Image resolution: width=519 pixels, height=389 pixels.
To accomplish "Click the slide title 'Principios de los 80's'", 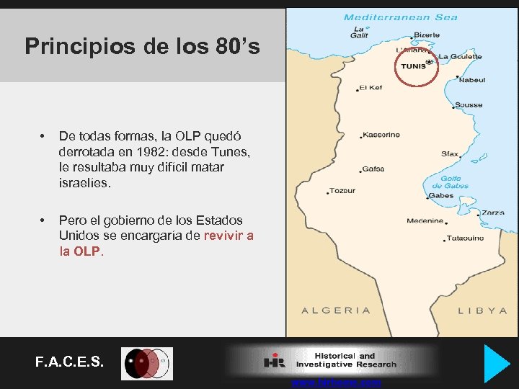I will pos(142,46).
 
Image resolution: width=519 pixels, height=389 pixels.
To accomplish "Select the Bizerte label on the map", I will pos(426,35).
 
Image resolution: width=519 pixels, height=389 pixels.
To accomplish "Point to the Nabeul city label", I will pos(472,80).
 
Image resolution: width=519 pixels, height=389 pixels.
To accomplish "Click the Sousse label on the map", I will pos(469,105).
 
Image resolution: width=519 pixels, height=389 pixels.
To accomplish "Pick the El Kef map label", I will pos(371,88).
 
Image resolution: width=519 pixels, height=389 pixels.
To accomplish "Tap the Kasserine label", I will pos(381,135).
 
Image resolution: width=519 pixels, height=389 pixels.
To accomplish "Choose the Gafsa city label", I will pos(373,169).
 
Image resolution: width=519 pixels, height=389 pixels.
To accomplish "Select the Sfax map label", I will pos(450,153).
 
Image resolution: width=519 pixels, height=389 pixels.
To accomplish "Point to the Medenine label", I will pos(425,221).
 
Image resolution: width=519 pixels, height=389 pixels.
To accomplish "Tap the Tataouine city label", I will pos(465,238).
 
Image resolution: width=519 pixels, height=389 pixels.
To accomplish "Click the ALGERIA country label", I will pos(336,310).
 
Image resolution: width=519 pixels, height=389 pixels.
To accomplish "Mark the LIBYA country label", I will pos(483,310).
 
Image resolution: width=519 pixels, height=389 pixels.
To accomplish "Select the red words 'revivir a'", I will pos(229,236).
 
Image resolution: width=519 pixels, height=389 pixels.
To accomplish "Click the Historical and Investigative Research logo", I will pos(332,360).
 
